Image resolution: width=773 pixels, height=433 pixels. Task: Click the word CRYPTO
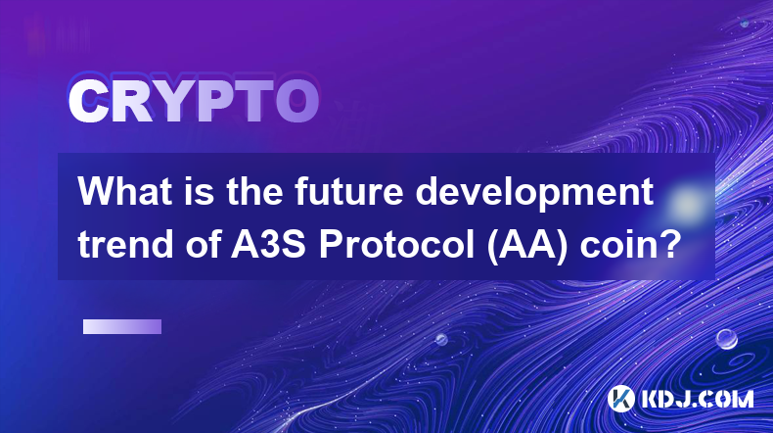pyautogui.click(x=194, y=101)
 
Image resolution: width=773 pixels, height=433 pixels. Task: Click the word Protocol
pyautogui.click(x=397, y=244)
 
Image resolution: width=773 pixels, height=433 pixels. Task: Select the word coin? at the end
pyautogui.click(x=630, y=244)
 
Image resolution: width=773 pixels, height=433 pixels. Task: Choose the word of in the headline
pyautogui.click(x=203, y=244)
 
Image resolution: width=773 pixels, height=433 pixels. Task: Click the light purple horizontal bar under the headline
pyautogui.click(x=122, y=326)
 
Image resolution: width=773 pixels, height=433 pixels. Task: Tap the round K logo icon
pyautogui.click(x=621, y=399)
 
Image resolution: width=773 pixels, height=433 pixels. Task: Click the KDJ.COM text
pyautogui.click(x=697, y=399)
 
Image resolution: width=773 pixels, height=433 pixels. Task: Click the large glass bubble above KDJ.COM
pyautogui.click(x=726, y=339)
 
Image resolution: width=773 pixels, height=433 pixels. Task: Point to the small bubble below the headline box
pyautogui.click(x=441, y=339)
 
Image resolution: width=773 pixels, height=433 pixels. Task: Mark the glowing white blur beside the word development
pyautogui.click(x=687, y=203)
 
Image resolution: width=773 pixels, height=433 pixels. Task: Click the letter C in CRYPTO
pyautogui.click(x=88, y=101)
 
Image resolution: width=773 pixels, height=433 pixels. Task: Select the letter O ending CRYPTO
pyautogui.click(x=296, y=101)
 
